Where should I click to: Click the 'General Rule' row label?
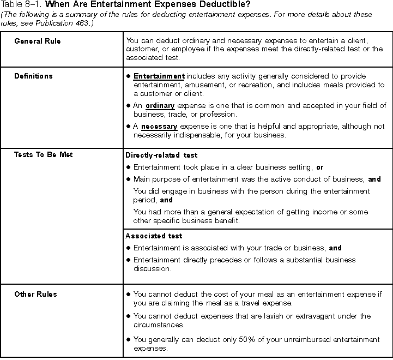(38, 41)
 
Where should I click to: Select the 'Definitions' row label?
(33, 76)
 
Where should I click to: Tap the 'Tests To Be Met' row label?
(43, 155)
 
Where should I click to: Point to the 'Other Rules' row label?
(35, 295)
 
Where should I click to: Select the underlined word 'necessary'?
(159, 127)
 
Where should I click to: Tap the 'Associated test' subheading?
(154, 236)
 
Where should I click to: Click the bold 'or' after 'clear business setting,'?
(319, 167)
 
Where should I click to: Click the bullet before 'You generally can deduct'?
(128, 340)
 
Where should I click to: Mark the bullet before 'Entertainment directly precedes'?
(128, 260)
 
